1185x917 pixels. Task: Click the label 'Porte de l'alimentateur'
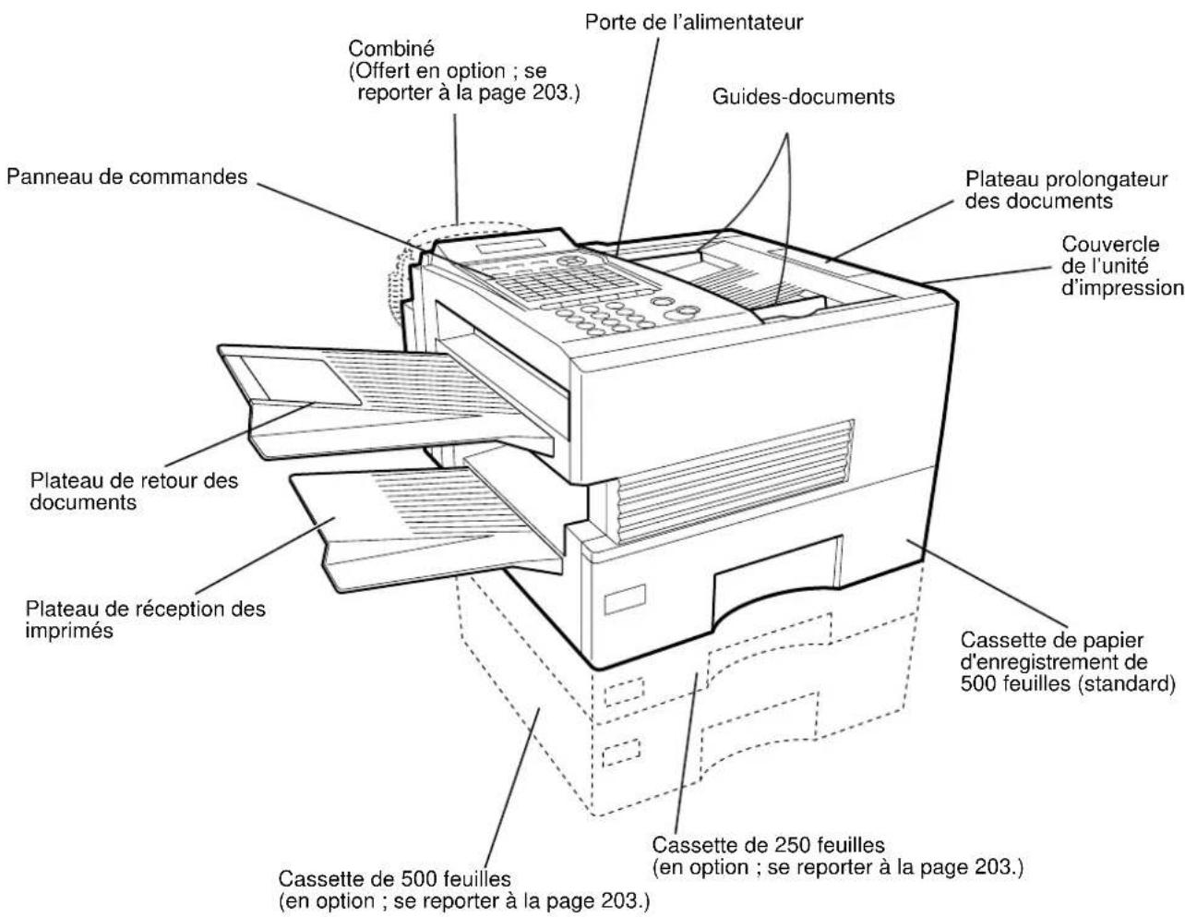[694, 20]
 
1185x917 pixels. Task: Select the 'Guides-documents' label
[803, 96]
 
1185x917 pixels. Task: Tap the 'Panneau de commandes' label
[127, 176]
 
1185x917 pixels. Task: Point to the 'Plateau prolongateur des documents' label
[1066, 189]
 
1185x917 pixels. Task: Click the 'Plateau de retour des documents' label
[134, 491]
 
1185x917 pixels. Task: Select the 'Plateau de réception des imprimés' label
[146, 621]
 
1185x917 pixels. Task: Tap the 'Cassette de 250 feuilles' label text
[769, 845]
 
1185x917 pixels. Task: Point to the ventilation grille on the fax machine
[729, 479]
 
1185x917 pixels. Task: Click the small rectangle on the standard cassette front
[615, 604]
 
